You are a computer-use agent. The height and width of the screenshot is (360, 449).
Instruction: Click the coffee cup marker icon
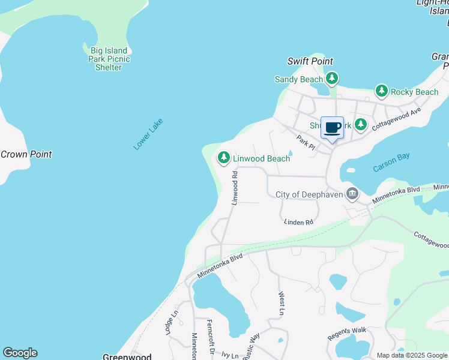(x=333, y=128)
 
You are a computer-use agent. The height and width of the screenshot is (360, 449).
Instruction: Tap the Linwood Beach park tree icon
(x=224, y=157)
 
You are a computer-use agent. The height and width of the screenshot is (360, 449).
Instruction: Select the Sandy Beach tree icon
(x=331, y=79)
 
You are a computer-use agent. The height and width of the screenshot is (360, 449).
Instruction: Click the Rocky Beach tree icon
(x=381, y=91)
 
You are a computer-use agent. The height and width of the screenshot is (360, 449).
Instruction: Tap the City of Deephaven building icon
(x=352, y=194)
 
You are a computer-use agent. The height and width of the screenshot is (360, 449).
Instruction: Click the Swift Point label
(x=310, y=61)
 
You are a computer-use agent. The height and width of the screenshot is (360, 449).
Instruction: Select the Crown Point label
(x=26, y=154)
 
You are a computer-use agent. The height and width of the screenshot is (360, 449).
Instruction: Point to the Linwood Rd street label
(x=235, y=187)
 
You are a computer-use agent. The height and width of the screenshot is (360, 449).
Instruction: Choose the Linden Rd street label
(x=299, y=222)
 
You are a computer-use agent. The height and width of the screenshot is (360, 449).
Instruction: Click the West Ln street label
(x=281, y=304)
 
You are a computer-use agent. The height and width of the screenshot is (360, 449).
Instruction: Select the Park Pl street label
(x=306, y=142)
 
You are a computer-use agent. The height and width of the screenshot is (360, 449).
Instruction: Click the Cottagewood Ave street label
(x=397, y=119)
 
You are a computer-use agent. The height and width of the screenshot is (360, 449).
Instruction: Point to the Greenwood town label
(x=127, y=356)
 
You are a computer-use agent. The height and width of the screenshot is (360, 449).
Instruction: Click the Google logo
(x=20, y=353)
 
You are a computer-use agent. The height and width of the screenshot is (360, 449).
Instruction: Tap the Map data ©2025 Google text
(x=412, y=355)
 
